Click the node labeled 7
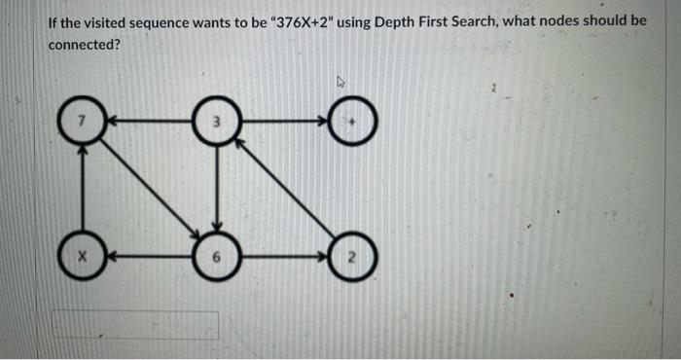tap(84, 121)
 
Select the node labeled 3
tap(219, 121)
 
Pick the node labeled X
tap(84, 258)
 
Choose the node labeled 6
tap(219, 258)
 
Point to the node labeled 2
tap(355, 258)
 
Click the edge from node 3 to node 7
tap(151, 121)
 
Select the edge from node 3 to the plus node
tap(287, 122)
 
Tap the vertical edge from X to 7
tap(84, 190)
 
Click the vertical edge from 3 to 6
tap(219, 190)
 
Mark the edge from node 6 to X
tap(151, 258)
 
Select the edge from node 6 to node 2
tap(287, 258)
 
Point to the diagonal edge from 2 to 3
tap(288, 191)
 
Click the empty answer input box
tap(135, 325)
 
